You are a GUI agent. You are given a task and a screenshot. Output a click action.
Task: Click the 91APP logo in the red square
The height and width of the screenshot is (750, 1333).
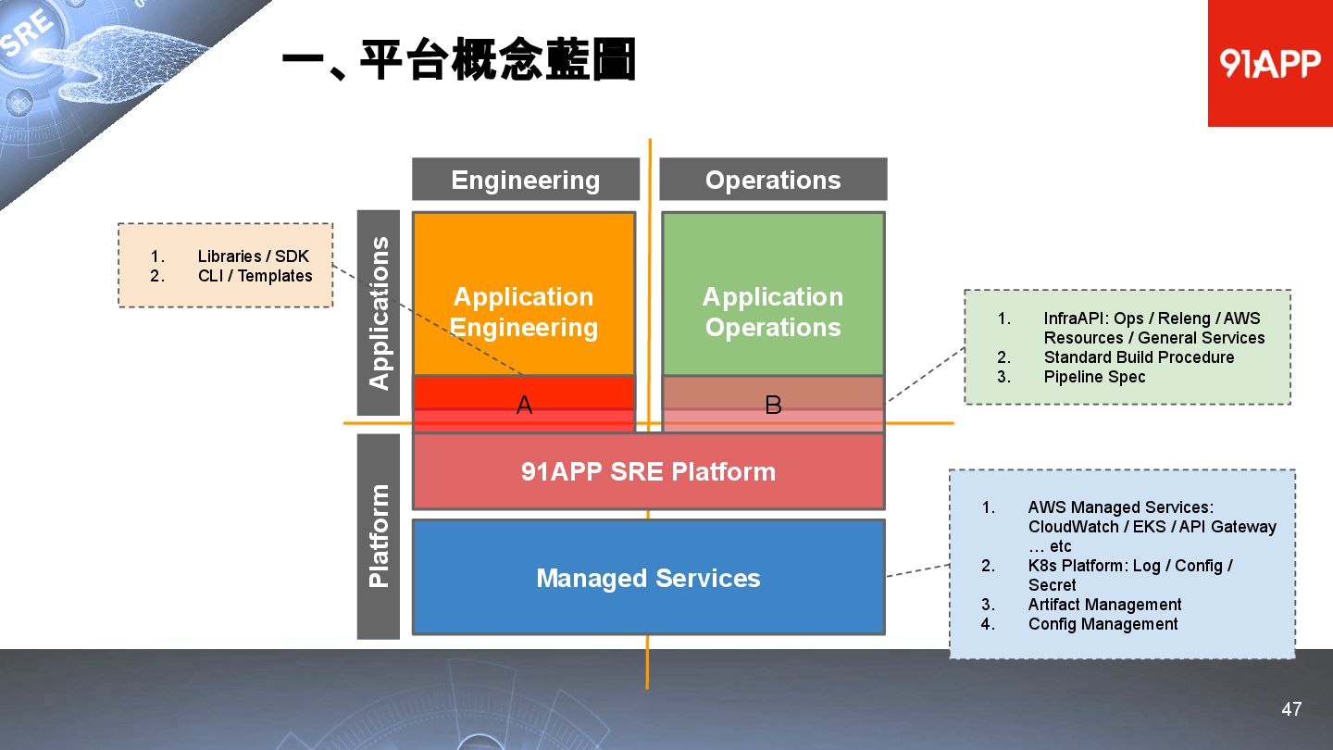pos(1269,63)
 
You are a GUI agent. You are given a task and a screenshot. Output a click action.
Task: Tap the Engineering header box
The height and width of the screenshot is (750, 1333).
pos(525,180)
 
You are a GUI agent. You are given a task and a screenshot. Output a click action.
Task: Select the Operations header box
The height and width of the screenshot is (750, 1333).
pos(773,180)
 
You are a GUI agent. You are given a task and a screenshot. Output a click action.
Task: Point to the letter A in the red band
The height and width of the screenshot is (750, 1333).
pos(524,405)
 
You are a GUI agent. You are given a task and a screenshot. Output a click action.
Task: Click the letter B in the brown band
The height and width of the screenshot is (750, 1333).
pos(773,405)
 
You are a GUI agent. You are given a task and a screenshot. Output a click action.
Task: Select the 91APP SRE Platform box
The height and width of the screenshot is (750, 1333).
pos(648,471)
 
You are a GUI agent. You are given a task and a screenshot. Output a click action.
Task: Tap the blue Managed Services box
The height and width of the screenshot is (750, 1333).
pos(648,578)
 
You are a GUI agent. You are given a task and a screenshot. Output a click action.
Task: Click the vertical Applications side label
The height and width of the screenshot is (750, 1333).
pos(379,313)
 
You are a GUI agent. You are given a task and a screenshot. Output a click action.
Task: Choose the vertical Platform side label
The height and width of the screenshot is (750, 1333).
pos(379,536)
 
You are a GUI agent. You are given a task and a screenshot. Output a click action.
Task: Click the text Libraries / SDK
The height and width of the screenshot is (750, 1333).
pos(253,256)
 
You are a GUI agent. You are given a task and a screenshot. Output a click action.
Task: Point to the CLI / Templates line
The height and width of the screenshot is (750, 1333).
pos(255,276)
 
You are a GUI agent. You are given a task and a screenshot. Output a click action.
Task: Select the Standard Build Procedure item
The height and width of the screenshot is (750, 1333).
pos(1139,357)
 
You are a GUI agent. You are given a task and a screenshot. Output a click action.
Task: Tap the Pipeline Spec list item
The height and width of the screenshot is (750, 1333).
pos(1094,377)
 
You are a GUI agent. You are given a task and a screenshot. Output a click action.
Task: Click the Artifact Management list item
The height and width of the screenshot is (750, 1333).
pos(1104,605)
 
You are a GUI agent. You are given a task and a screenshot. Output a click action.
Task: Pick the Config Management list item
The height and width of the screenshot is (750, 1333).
pos(1103,624)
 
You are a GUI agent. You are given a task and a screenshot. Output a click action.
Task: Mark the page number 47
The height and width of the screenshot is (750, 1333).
pos(1291,709)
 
